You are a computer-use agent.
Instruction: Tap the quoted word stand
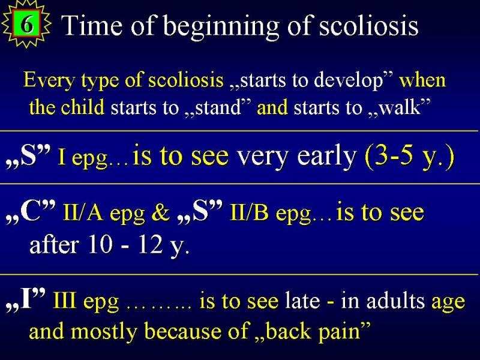[x=218, y=108]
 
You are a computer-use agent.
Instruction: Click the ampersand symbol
[x=160, y=212]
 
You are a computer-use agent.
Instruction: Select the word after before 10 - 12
[x=54, y=245]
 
